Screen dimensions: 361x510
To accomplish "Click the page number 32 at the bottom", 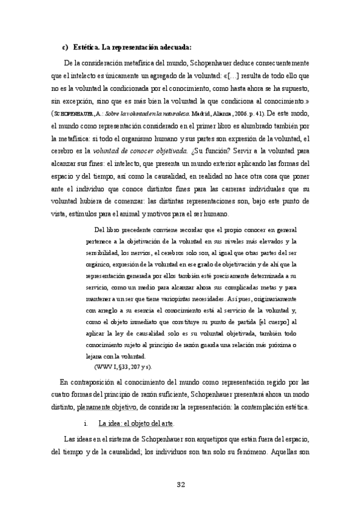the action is (x=180, y=485).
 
